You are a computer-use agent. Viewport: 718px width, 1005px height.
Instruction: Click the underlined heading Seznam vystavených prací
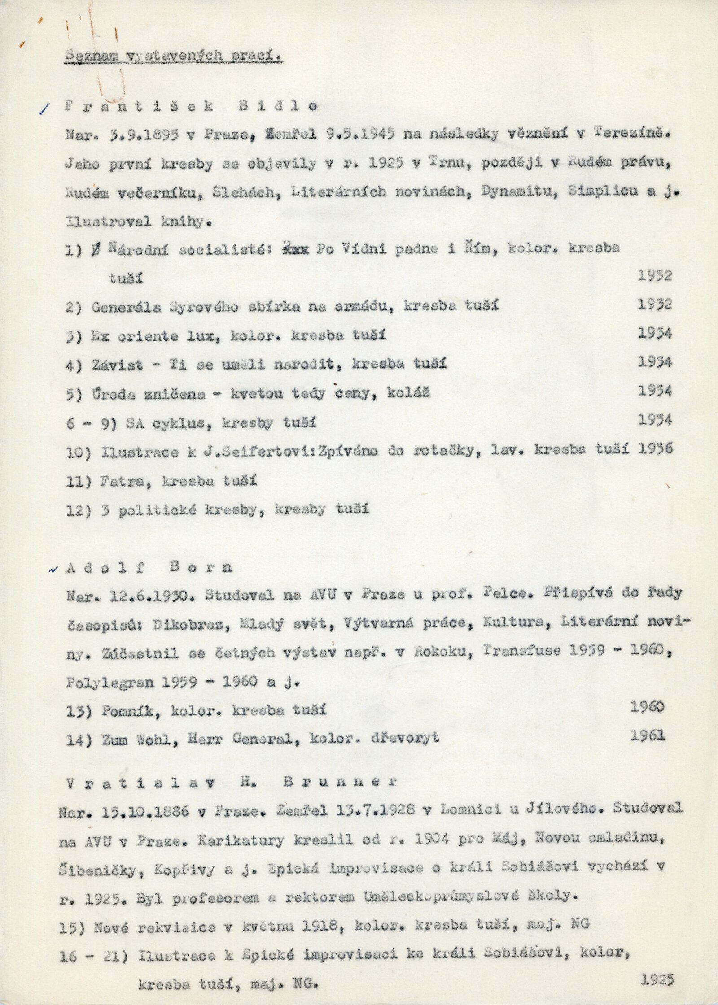tap(173, 56)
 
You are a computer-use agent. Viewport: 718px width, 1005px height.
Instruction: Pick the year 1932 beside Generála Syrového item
tap(655, 305)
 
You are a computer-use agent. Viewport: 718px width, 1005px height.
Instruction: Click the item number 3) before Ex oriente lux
tap(74, 336)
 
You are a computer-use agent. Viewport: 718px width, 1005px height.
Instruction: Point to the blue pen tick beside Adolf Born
tap(54, 570)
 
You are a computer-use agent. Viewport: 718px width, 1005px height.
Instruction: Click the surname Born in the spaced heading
tap(201, 568)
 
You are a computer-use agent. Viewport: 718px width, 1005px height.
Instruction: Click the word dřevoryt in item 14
tap(405, 738)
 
